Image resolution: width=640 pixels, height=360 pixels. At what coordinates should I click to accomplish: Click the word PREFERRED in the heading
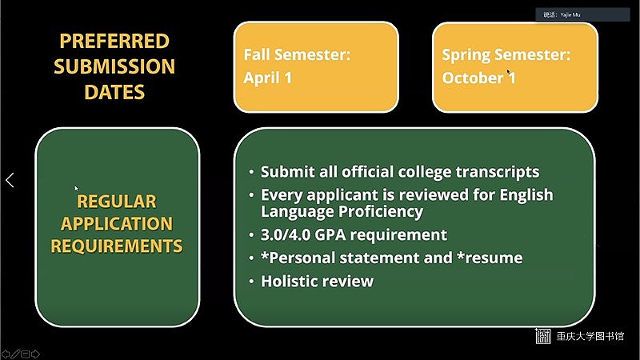tap(114, 42)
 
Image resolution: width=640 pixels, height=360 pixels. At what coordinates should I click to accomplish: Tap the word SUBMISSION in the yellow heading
tap(114, 66)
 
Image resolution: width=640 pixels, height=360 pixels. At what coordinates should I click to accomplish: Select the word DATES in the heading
tap(114, 92)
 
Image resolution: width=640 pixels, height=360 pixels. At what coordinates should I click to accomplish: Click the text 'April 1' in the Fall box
tap(268, 78)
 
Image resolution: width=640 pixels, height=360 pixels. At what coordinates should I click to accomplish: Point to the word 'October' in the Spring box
tap(473, 78)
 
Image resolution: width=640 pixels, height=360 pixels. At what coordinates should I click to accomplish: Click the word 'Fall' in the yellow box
tap(257, 54)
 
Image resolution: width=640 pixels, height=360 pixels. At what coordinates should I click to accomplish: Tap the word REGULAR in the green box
tap(117, 202)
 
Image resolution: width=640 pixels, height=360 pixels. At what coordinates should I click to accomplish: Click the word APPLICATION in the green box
tap(117, 224)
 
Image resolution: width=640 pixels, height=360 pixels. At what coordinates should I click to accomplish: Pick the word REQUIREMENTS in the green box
tap(117, 246)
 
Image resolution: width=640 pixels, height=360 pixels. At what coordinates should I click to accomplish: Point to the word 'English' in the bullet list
tap(526, 195)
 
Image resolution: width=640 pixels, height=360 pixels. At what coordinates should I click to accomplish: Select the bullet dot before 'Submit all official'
tap(251, 172)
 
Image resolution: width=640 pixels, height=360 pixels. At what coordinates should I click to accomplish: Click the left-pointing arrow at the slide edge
tap(10, 180)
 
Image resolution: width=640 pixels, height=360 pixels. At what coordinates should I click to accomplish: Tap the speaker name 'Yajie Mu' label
tap(570, 14)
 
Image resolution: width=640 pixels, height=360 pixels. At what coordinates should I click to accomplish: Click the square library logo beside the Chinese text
tap(543, 336)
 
